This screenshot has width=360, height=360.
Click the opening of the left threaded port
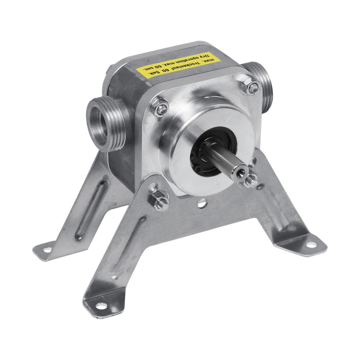[98, 124]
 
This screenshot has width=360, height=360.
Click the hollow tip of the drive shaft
[240, 171]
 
